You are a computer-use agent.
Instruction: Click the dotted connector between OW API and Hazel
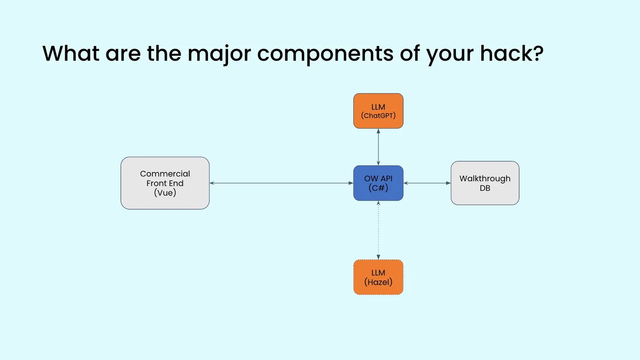[x=378, y=230]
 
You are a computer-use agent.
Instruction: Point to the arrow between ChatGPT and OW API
[x=378, y=147]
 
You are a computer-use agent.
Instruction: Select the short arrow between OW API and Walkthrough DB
[x=427, y=183]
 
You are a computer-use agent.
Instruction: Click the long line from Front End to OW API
[x=280, y=183]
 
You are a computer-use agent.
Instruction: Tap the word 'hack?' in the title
[x=512, y=54]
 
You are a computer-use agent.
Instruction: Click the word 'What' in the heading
[x=71, y=54]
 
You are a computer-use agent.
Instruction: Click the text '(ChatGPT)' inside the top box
[x=378, y=116]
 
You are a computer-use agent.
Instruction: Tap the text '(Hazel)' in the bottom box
[x=378, y=282]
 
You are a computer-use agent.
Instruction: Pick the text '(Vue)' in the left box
[x=165, y=193]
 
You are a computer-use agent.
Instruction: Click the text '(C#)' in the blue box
[x=378, y=188]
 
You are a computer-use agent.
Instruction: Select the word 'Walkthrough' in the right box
[x=485, y=178]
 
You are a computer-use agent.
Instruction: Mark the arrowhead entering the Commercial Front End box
[x=212, y=183]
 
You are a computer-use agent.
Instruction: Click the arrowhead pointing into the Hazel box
[x=378, y=257]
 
